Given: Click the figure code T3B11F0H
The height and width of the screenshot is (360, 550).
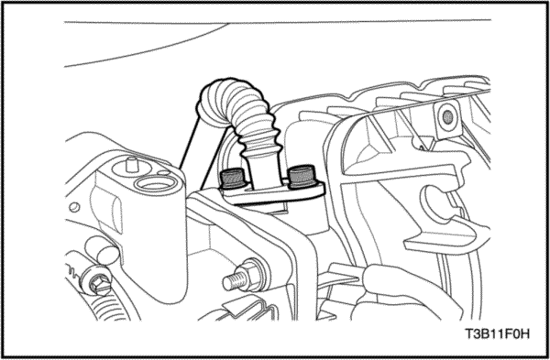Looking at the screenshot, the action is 497,334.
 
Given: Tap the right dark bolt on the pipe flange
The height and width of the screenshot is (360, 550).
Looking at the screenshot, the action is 302,176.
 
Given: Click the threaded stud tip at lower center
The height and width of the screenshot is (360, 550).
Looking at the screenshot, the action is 233,281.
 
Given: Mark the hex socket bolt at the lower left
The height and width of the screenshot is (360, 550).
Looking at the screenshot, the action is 96,282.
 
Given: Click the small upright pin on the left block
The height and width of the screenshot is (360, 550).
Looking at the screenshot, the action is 131,164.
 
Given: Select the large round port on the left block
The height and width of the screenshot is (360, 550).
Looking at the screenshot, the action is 156,184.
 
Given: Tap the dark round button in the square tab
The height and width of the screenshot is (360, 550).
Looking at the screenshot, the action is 447,117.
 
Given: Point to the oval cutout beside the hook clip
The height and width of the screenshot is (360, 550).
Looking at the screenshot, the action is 438,205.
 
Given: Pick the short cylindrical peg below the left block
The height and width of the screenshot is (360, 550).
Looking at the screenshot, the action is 102,249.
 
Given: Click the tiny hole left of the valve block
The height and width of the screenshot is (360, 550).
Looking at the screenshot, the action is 74,207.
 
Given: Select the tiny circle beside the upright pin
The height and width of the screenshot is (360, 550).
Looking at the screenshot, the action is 162,172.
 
